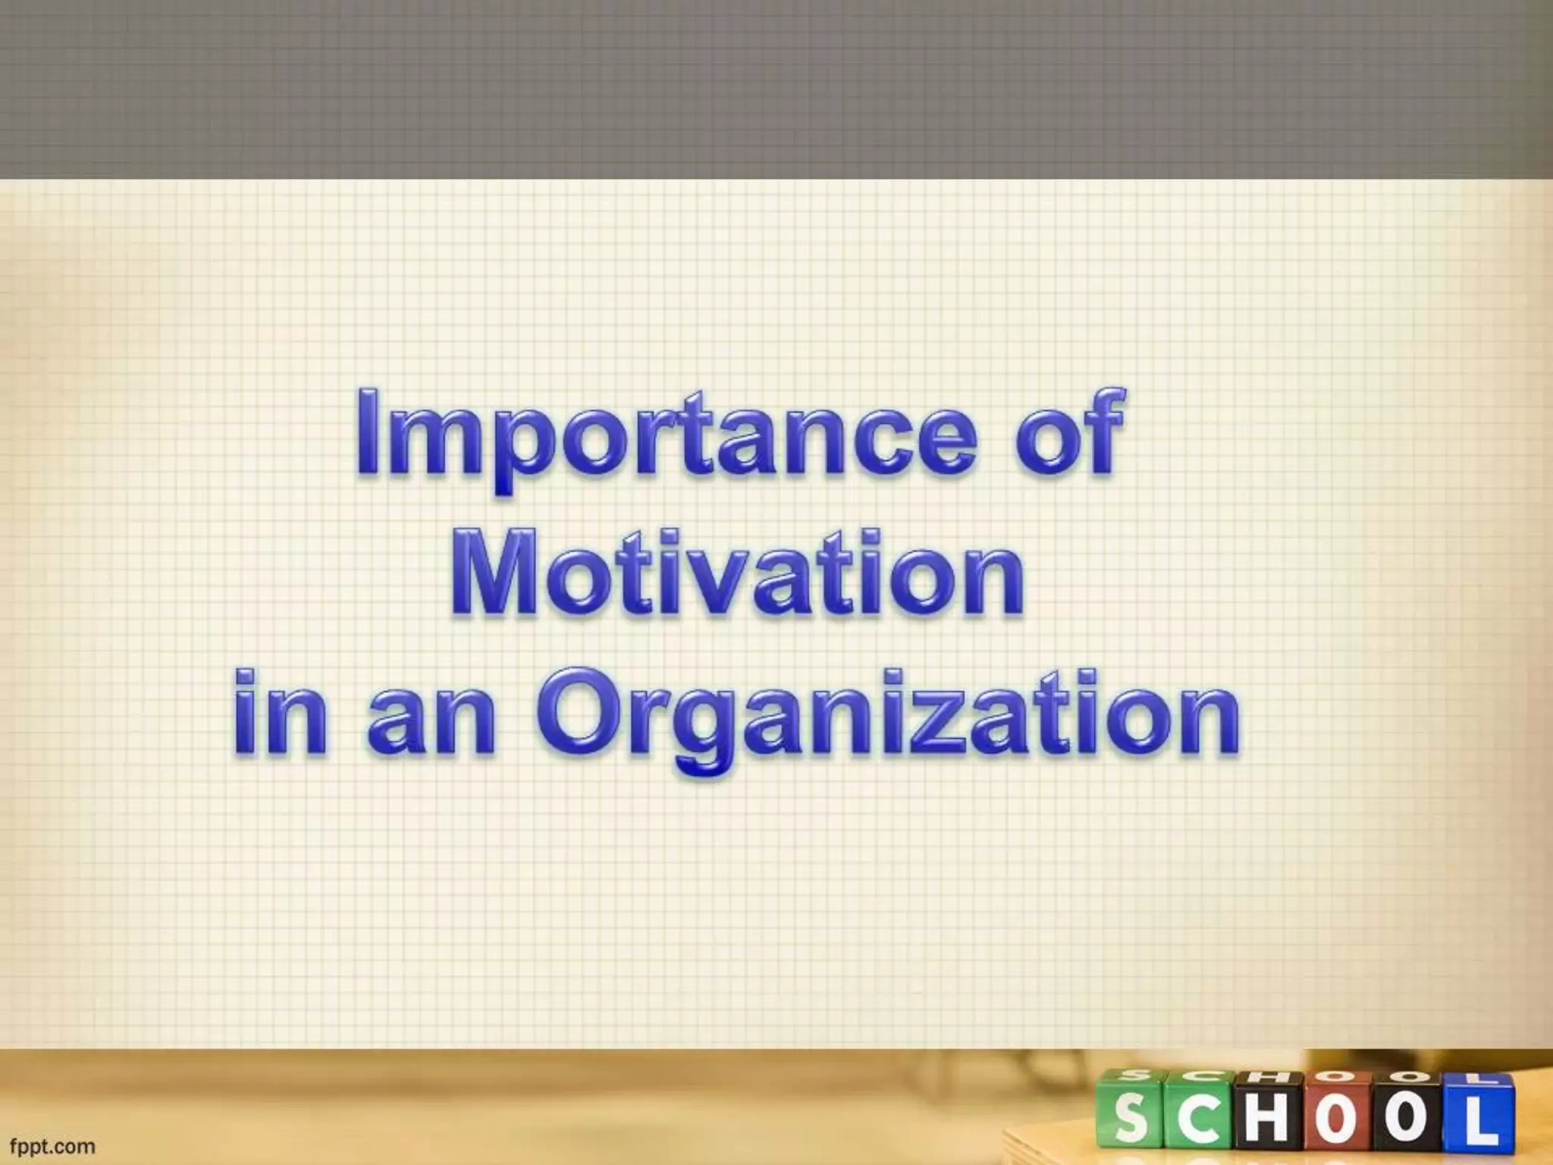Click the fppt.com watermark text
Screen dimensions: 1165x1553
[x=52, y=1145]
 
